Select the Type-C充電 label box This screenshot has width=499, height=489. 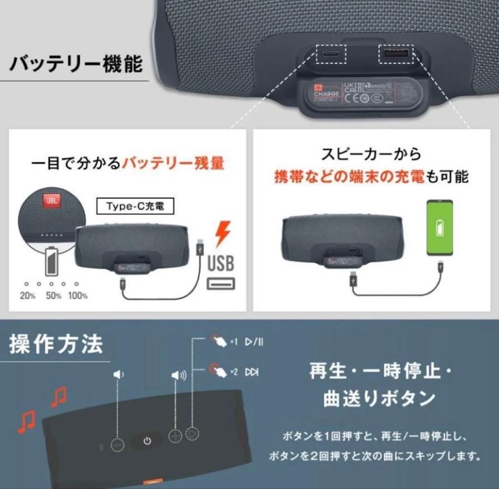[129, 207]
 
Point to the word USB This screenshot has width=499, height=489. [220, 264]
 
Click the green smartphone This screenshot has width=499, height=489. [439, 227]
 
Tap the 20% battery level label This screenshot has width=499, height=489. [28, 296]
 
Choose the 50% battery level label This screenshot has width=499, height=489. [53, 296]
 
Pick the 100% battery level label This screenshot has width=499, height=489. [78, 296]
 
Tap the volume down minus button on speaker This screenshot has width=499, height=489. [118, 445]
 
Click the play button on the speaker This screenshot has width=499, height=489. [192, 434]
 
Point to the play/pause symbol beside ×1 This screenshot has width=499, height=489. [254, 342]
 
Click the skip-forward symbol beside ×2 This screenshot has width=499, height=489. [252, 372]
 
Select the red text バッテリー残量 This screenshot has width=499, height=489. [172, 164]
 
